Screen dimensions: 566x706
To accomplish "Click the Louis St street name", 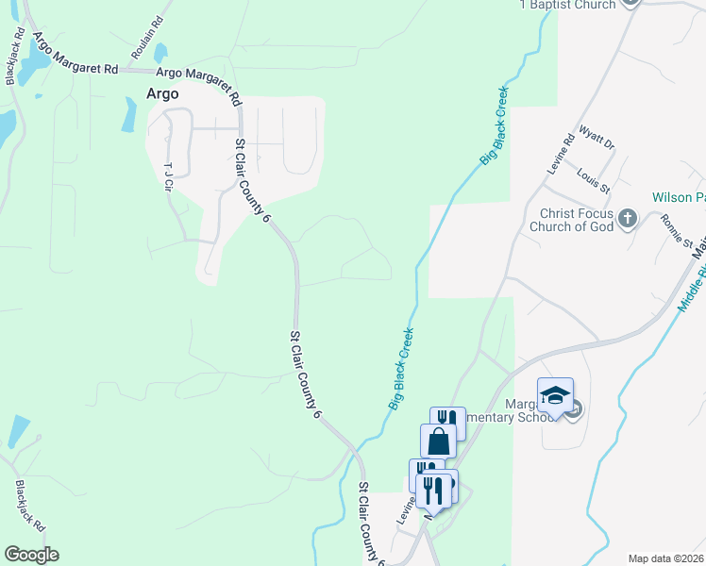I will tap(595, 181).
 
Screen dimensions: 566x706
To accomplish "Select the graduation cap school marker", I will tap(555, 395).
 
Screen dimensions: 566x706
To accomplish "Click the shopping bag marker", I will tap(439, 441).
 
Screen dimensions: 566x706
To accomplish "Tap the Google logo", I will tap(31, 555).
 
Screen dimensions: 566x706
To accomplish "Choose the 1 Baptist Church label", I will tap(567, 5).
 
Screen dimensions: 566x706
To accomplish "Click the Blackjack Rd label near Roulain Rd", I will tap(15, 57).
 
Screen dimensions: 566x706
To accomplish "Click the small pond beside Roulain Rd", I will tap(161, 52).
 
